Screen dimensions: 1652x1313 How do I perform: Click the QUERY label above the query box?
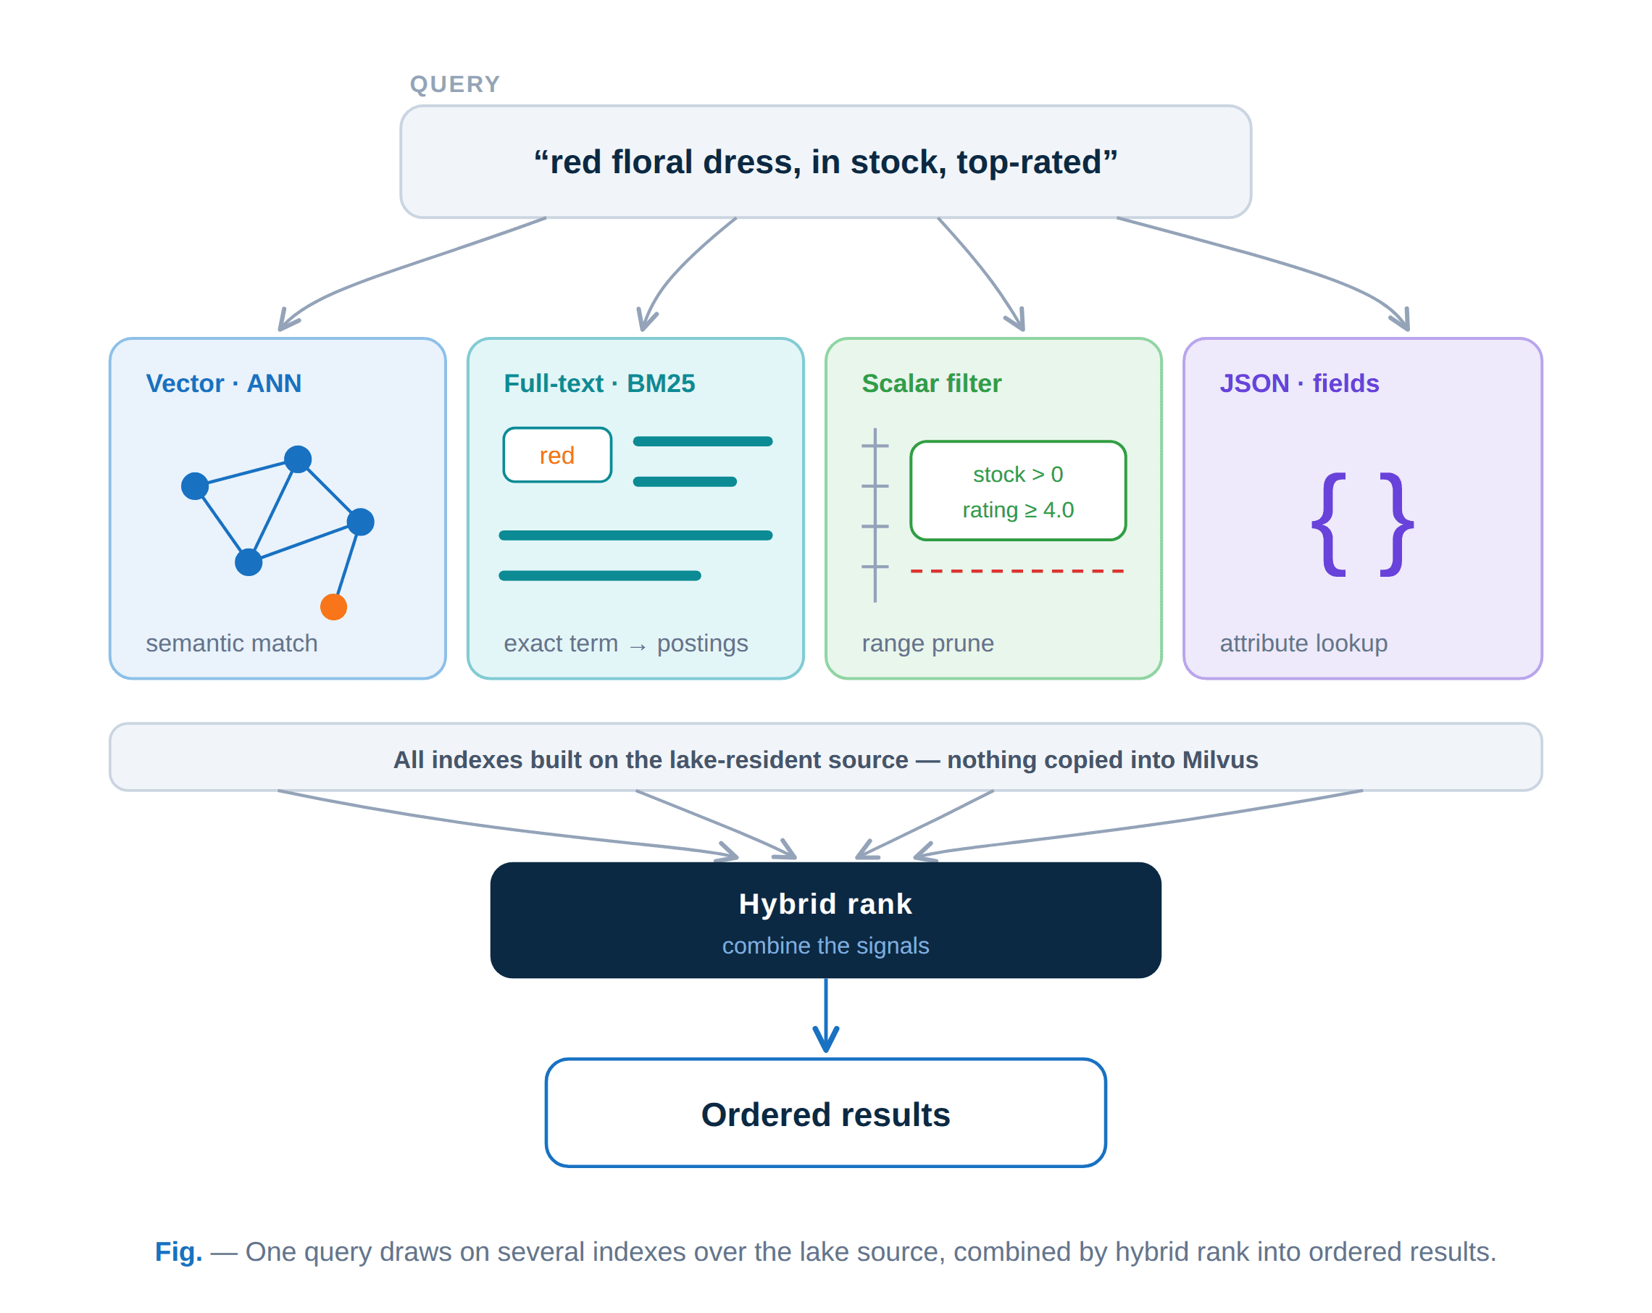click(x=454, y=83)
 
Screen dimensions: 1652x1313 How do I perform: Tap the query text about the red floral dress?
click(x=825, y=162)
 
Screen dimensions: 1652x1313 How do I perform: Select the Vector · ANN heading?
click(x=224, y=383)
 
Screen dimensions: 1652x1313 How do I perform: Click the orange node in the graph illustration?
click(x=333, y=607)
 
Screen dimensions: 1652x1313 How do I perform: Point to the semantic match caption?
click(x=231, y=642)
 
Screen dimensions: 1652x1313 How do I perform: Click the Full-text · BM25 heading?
click(x=599, y=383)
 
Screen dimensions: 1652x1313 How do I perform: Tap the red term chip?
click(x=557, y=454)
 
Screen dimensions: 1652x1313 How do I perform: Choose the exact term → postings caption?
click(x=625, y=642)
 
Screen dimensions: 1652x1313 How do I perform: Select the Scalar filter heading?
click(x=931, y=383)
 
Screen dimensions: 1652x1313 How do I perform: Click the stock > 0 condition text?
click(x=1017, y=474)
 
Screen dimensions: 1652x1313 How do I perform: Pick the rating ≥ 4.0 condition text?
click(x=1017, y=509)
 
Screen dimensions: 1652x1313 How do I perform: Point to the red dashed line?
click(x=1017, y=571)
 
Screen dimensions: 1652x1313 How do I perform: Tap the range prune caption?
click(x=927, y=642)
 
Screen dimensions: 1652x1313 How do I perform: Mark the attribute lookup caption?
click(x=1303, y=642)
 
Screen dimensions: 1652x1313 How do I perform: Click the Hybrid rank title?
click(x=825, y=903)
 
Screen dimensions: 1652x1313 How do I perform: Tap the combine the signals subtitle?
click(x=825, y=945)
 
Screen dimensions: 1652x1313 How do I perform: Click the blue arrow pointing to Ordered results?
click(x=825, y=1015)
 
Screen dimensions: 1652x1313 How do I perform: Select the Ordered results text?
click(x=825, y=1114)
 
